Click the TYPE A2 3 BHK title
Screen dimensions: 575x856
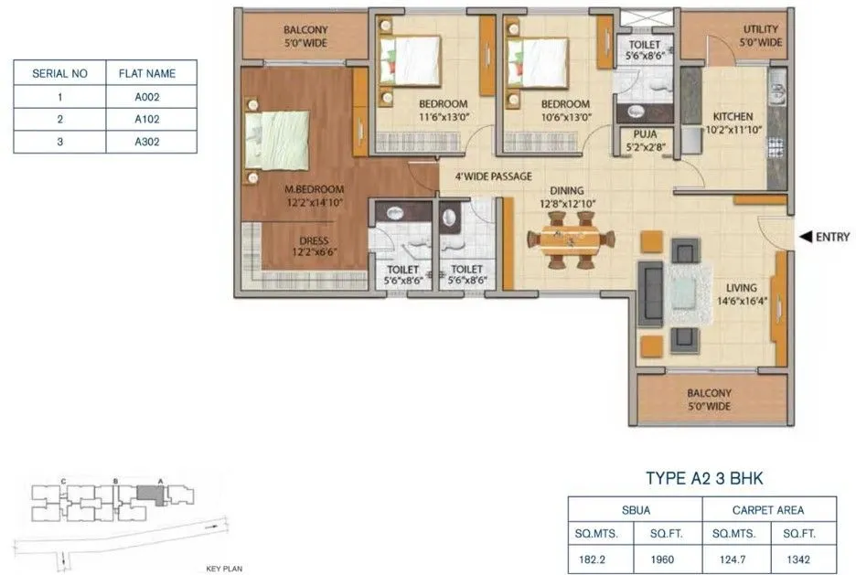point(704,477)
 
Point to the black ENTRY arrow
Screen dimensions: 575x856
point(805,237)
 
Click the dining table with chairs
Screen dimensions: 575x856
point(571,240)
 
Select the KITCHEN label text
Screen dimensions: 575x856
point(733,117)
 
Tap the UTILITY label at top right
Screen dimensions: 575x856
point(760,29)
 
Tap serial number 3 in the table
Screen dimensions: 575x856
point(59,142)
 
